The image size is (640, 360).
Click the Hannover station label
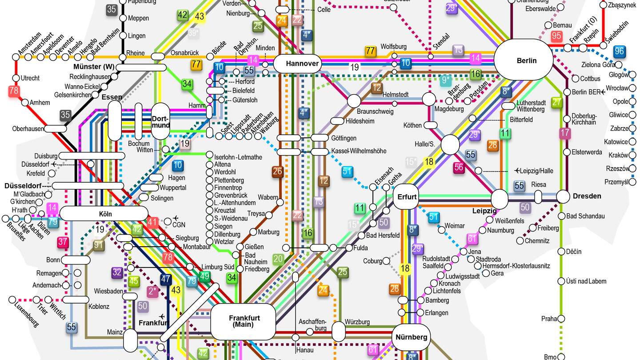302,64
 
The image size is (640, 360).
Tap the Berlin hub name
527,61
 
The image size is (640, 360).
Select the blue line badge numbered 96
619,52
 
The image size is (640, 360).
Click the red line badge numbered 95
556,36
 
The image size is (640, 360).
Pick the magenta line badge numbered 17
565,133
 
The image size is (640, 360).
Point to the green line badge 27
556,102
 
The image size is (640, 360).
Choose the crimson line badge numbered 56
459,168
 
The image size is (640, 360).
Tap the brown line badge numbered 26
278,172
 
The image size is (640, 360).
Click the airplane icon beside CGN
176,218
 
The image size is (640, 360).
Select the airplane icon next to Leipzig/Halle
517,170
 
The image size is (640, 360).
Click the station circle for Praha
561,319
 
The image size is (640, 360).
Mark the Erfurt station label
407,196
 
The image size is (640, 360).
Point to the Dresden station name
587,196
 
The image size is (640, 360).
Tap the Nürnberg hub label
412,337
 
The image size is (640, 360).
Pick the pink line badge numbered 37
62,242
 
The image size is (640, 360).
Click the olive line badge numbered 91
99,245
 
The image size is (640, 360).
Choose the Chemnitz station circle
520,241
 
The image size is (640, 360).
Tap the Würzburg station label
357,322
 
